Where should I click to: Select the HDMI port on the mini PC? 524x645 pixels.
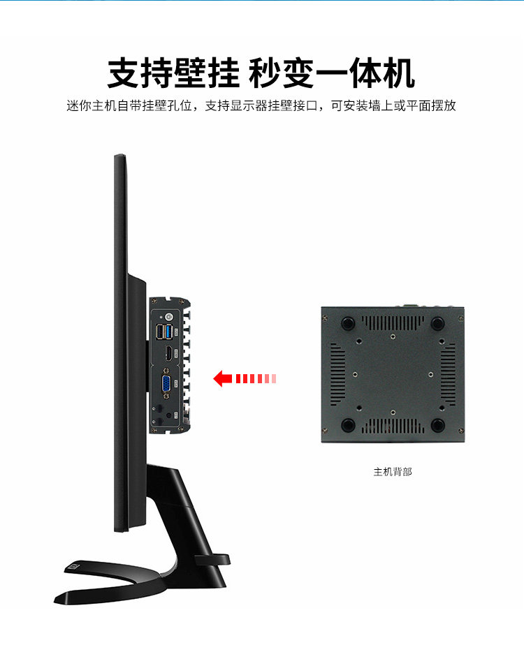pos(168,354)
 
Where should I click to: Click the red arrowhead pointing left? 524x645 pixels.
pos(222,379)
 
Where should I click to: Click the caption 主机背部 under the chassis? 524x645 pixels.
pos(393,472)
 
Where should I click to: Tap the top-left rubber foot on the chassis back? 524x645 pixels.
pos(347,323)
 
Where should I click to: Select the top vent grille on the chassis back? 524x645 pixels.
pos(392,322)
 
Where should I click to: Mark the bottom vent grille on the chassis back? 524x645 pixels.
pos(392,425)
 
